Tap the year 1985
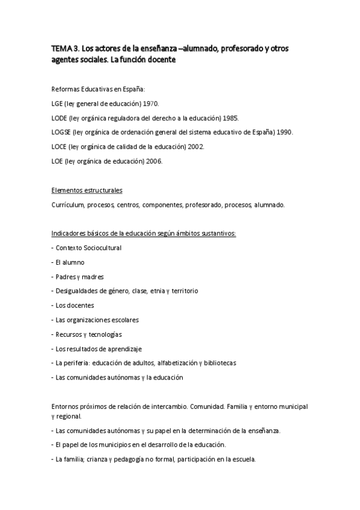coord(230,118)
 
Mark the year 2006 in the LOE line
coord(153,161)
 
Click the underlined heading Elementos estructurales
coord(87,190)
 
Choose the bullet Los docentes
coord(75,306)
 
